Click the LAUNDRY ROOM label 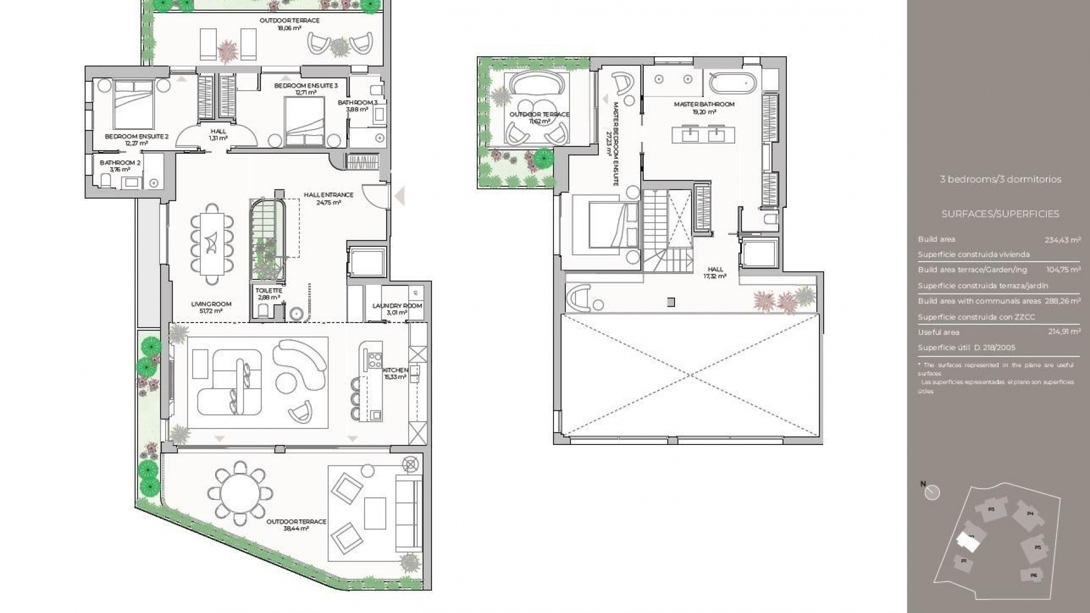pyautogui.click(x=397, y=306)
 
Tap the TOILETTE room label pyautogui.click(x=269, y=291)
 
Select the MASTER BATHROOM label pyautogui.click(x=704, y=104)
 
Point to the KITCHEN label pyautogui.click(x=396, y=370)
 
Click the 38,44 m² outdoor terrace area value pyautogui.click(x=296, y=528)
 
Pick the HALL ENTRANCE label pyautogui.click(x=328, y=195)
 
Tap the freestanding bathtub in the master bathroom pyautogui.click(x=732, y=85)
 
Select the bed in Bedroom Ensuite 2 pyautogui.click(x=134, y=104)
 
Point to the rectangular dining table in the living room pyautogui.click(x=212, y=243)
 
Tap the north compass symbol pyautogui.click(x=932, y=492)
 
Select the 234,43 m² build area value pyautogui.click(x=1062, y=240)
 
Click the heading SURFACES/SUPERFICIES pyautogui.click(x=1000, y=214)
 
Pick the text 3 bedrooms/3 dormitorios pyautogui.click(x=1000, y=179)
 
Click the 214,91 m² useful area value pyautogui.click(x=1064, y=332)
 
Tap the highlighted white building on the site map pyautogui.click(x=968, y=543)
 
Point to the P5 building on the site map pyautogui.click(x=1037, y=547)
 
